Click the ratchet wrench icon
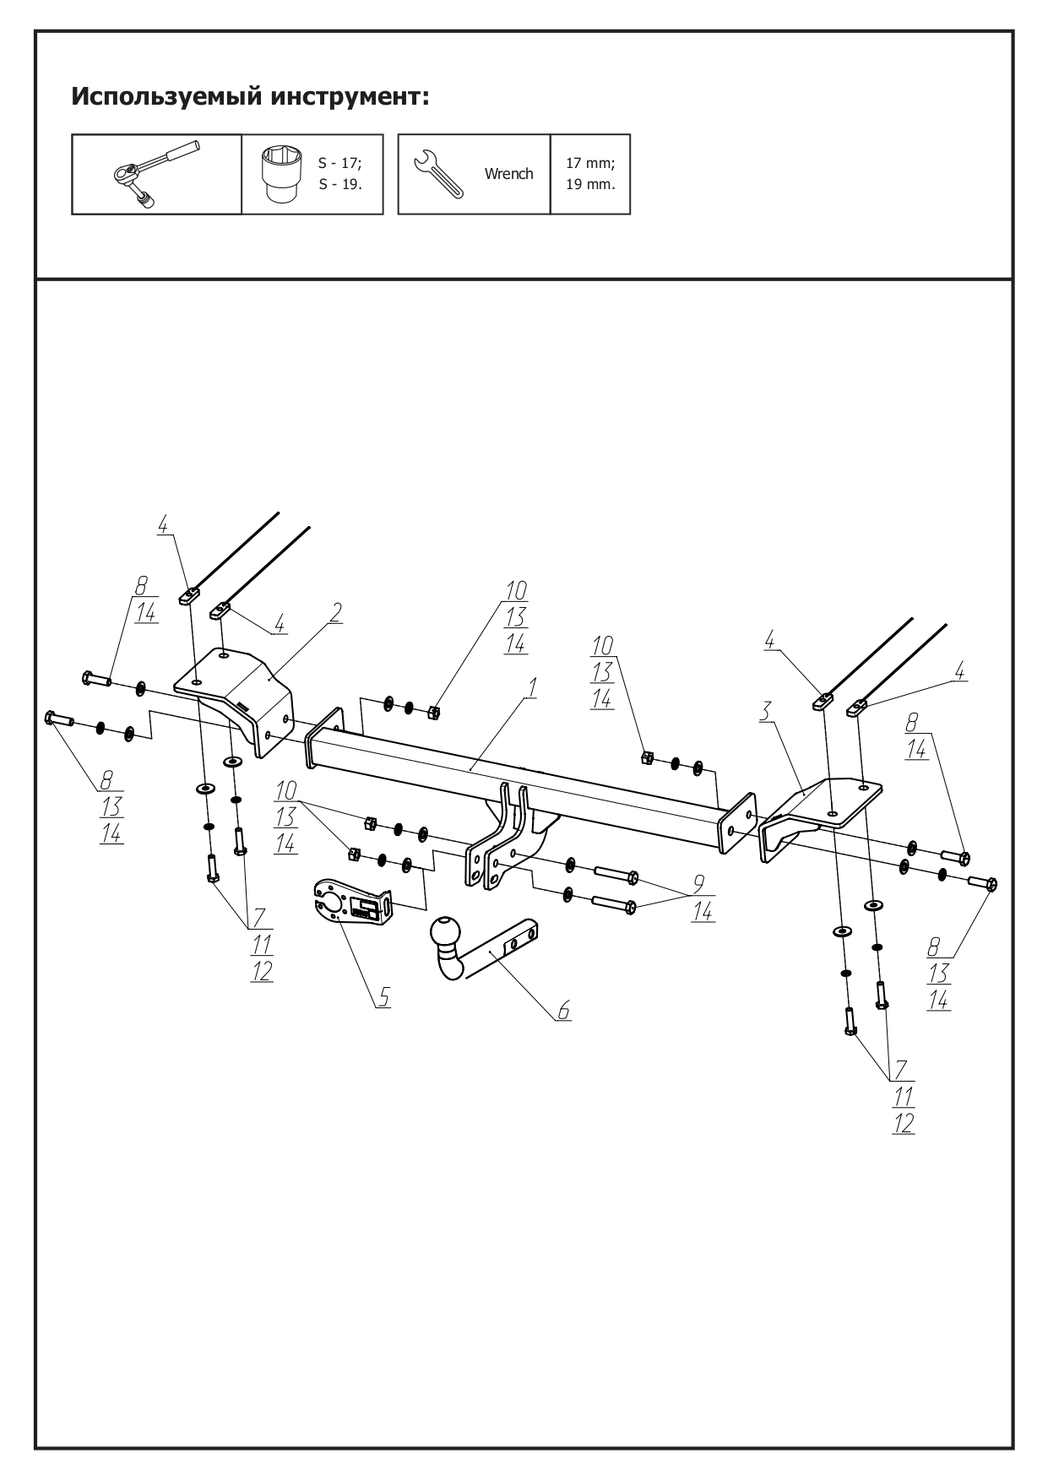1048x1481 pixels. pos(156,174)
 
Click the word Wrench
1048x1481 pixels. pos(508,174)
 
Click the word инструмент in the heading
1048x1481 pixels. pos(350,97)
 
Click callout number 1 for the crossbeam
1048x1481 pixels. pos(531,689)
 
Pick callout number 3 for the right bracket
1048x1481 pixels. pos(764,711)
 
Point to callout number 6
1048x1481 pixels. pos(563,1010)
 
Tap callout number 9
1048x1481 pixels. pos(699,884)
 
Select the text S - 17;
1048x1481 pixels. pos(339,163)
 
